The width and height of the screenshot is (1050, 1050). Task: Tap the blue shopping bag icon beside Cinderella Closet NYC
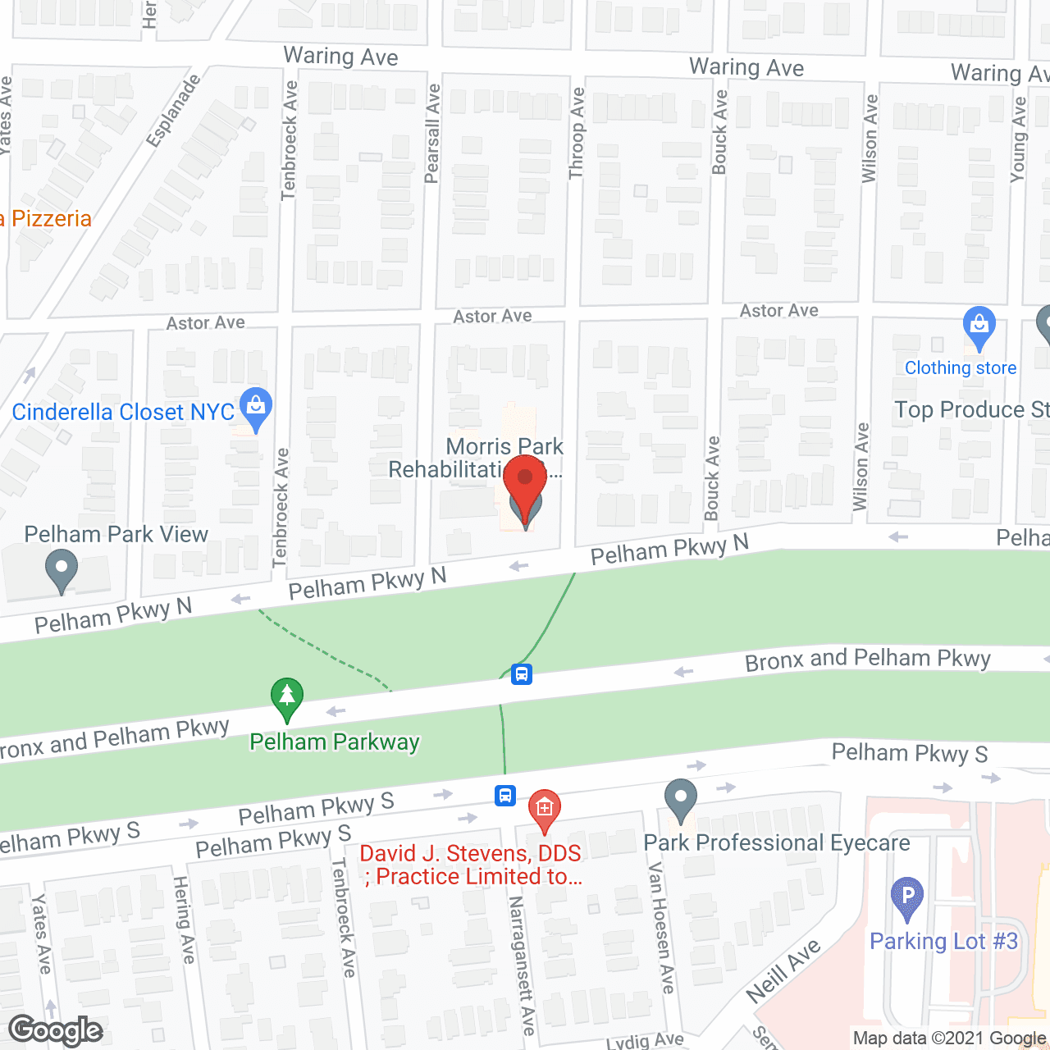coord(256,408)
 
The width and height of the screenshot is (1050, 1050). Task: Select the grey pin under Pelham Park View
coord(62,568)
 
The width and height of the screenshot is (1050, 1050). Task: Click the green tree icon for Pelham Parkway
coord(286,698)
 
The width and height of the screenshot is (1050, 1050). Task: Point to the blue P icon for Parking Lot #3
coord(906,897)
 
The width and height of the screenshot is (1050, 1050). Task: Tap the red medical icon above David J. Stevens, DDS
coord(544,810)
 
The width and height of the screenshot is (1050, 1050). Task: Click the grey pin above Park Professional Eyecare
coord(680,799)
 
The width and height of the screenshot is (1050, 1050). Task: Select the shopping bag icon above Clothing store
coord(979,326)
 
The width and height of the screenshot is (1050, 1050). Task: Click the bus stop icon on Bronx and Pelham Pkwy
coord(522,674)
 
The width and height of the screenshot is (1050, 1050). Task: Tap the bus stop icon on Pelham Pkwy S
coord(505,795)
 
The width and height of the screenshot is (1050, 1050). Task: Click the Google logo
coord(56,1030)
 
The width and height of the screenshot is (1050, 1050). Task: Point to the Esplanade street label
coord(173,112)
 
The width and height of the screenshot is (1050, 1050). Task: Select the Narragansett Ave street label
coord(522,964)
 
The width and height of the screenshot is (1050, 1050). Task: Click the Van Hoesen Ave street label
coord(661,927)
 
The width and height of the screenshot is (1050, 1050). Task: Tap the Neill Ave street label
coord(783,971)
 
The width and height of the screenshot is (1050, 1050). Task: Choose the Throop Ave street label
coord(577,134)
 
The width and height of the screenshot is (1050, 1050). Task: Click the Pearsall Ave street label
coord(432,134)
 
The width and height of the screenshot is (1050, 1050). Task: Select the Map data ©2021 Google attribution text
coord(950,1038)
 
